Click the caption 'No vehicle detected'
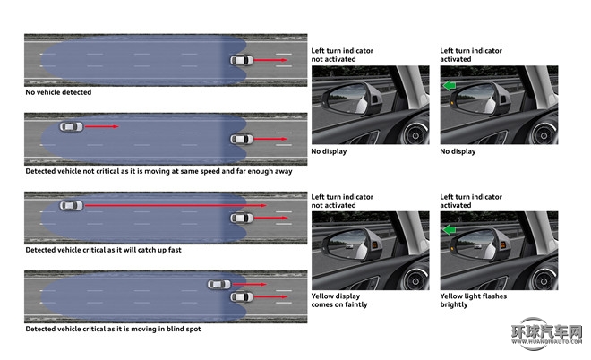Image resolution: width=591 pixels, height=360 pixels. coord(58,92)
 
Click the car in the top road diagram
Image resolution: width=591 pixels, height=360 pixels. coord(242,60)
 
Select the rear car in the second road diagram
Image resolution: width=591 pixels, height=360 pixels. coord(72,126)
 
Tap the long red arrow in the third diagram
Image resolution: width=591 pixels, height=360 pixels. coord(176,205)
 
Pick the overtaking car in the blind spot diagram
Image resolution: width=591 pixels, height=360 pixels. coord(219,284)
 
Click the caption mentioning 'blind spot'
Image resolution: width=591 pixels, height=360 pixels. coord(113,329)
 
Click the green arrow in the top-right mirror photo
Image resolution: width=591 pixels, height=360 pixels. coord(449,86)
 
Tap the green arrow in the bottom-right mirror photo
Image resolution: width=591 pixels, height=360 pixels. coord(449,229)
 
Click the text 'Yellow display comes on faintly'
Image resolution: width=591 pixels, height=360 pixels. coord(339,300)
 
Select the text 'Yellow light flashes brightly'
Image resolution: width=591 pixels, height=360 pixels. coord(474,300)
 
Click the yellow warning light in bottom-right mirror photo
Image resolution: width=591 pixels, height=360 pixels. coord(503,245)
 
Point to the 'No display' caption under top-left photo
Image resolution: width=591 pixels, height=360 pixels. coord(329,151)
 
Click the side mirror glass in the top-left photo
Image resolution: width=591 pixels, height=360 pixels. coord(345,99)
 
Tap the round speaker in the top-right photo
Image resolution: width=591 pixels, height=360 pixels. coord(544,135)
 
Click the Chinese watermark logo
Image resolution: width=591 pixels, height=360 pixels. coord(546,334)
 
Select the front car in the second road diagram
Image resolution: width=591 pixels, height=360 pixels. coord(242,139)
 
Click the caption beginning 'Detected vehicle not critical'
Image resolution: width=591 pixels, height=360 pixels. coord(158,171)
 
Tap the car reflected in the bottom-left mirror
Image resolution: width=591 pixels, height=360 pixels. coord(349,246)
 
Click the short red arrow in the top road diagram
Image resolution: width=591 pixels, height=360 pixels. coord(270,60)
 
